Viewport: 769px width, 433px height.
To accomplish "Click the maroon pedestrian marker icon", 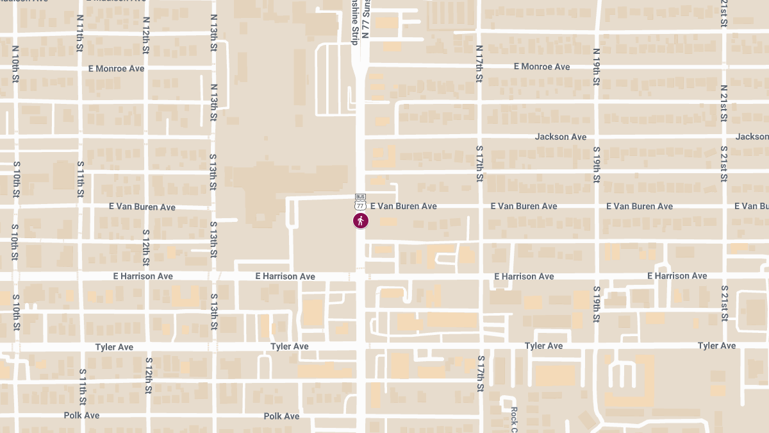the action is [361, 221].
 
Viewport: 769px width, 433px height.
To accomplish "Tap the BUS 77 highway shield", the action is [360, 202].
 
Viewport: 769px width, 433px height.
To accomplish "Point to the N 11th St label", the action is [79, 33].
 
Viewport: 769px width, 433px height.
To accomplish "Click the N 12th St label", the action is [146, 35].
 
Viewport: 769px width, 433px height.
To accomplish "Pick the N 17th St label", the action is [479, 64].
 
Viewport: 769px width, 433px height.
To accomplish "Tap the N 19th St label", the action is [596, 67].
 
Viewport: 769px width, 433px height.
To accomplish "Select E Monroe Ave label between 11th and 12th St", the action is [120, 69].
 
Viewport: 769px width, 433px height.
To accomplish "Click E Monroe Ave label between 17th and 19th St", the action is [542, 67].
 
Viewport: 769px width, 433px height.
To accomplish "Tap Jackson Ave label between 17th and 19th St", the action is [561, 137].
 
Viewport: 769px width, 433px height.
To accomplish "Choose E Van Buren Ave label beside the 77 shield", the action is [403, 206].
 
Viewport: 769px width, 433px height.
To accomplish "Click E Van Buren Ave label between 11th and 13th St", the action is [142, 207].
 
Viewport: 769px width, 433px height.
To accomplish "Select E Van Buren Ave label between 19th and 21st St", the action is [640, 206].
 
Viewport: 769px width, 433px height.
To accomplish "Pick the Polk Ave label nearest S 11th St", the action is [81, 415].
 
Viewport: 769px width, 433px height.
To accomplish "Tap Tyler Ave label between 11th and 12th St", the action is [114, 347].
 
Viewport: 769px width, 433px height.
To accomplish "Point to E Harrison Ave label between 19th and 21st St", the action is [677, 276].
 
